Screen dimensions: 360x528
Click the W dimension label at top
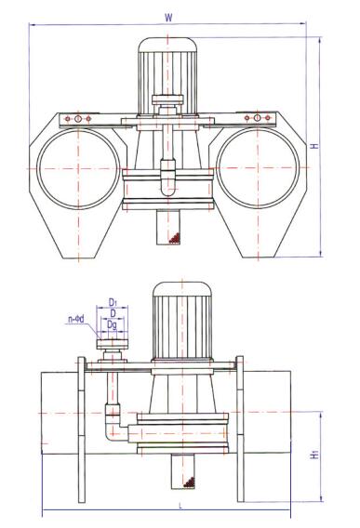168,18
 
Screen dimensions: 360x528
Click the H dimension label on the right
314,146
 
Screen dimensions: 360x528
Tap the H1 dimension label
314,455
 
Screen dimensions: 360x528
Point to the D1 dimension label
113,302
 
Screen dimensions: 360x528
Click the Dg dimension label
112,325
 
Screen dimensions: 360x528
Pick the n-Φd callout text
76,319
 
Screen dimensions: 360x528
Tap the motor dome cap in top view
167,44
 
